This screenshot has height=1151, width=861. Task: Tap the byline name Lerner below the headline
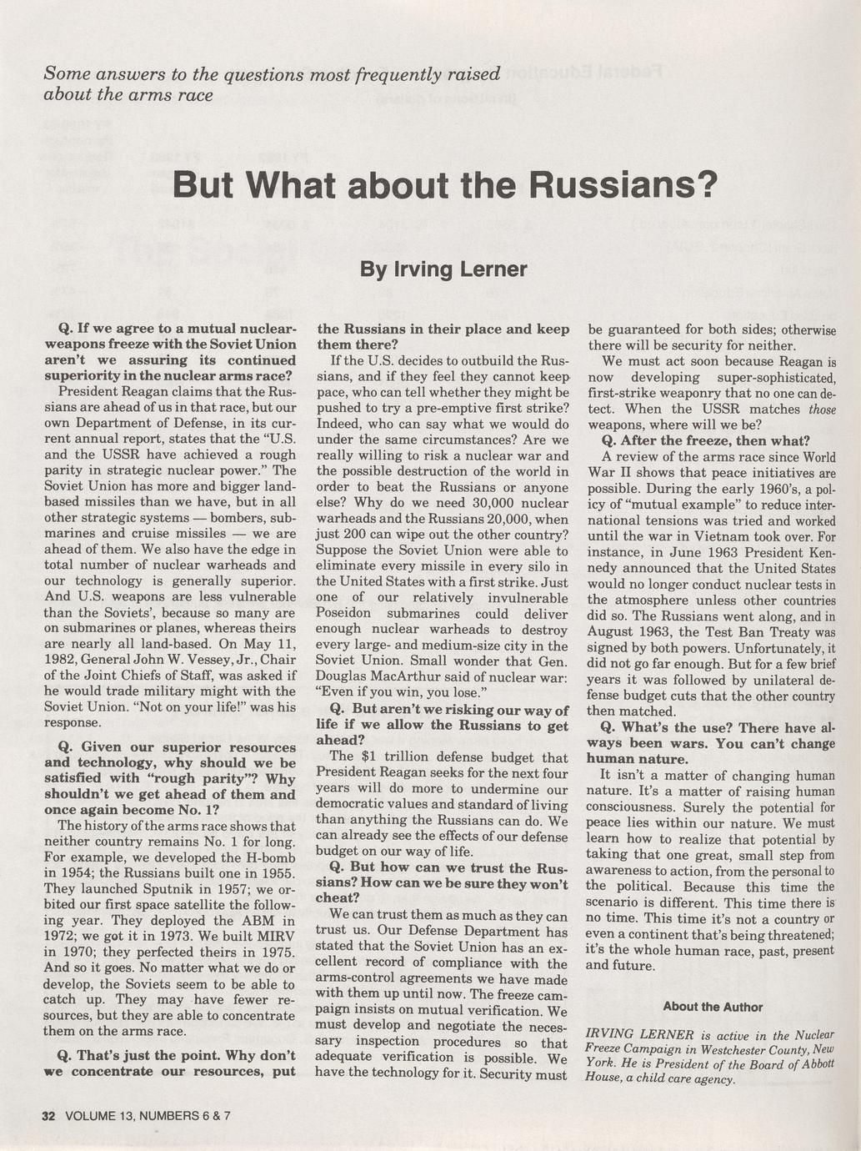[493, 269]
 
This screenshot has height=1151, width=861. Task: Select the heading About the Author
[713, 1007]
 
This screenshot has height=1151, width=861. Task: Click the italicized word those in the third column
[823, 409]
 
